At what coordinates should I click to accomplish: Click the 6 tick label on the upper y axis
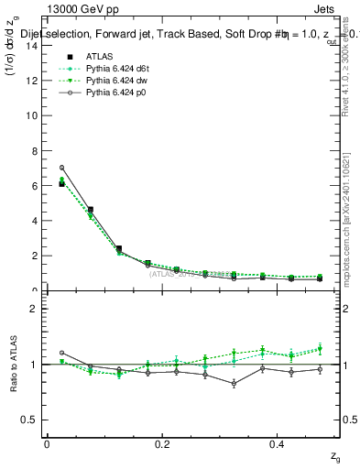point(34,186)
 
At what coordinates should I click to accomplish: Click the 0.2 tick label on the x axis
point(162,445)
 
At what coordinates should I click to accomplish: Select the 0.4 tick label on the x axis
point(278,445)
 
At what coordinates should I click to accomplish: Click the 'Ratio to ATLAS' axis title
point(13,364)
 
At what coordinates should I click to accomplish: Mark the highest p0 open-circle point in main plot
point(61,168)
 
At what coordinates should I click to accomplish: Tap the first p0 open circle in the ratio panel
point(61,353)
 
